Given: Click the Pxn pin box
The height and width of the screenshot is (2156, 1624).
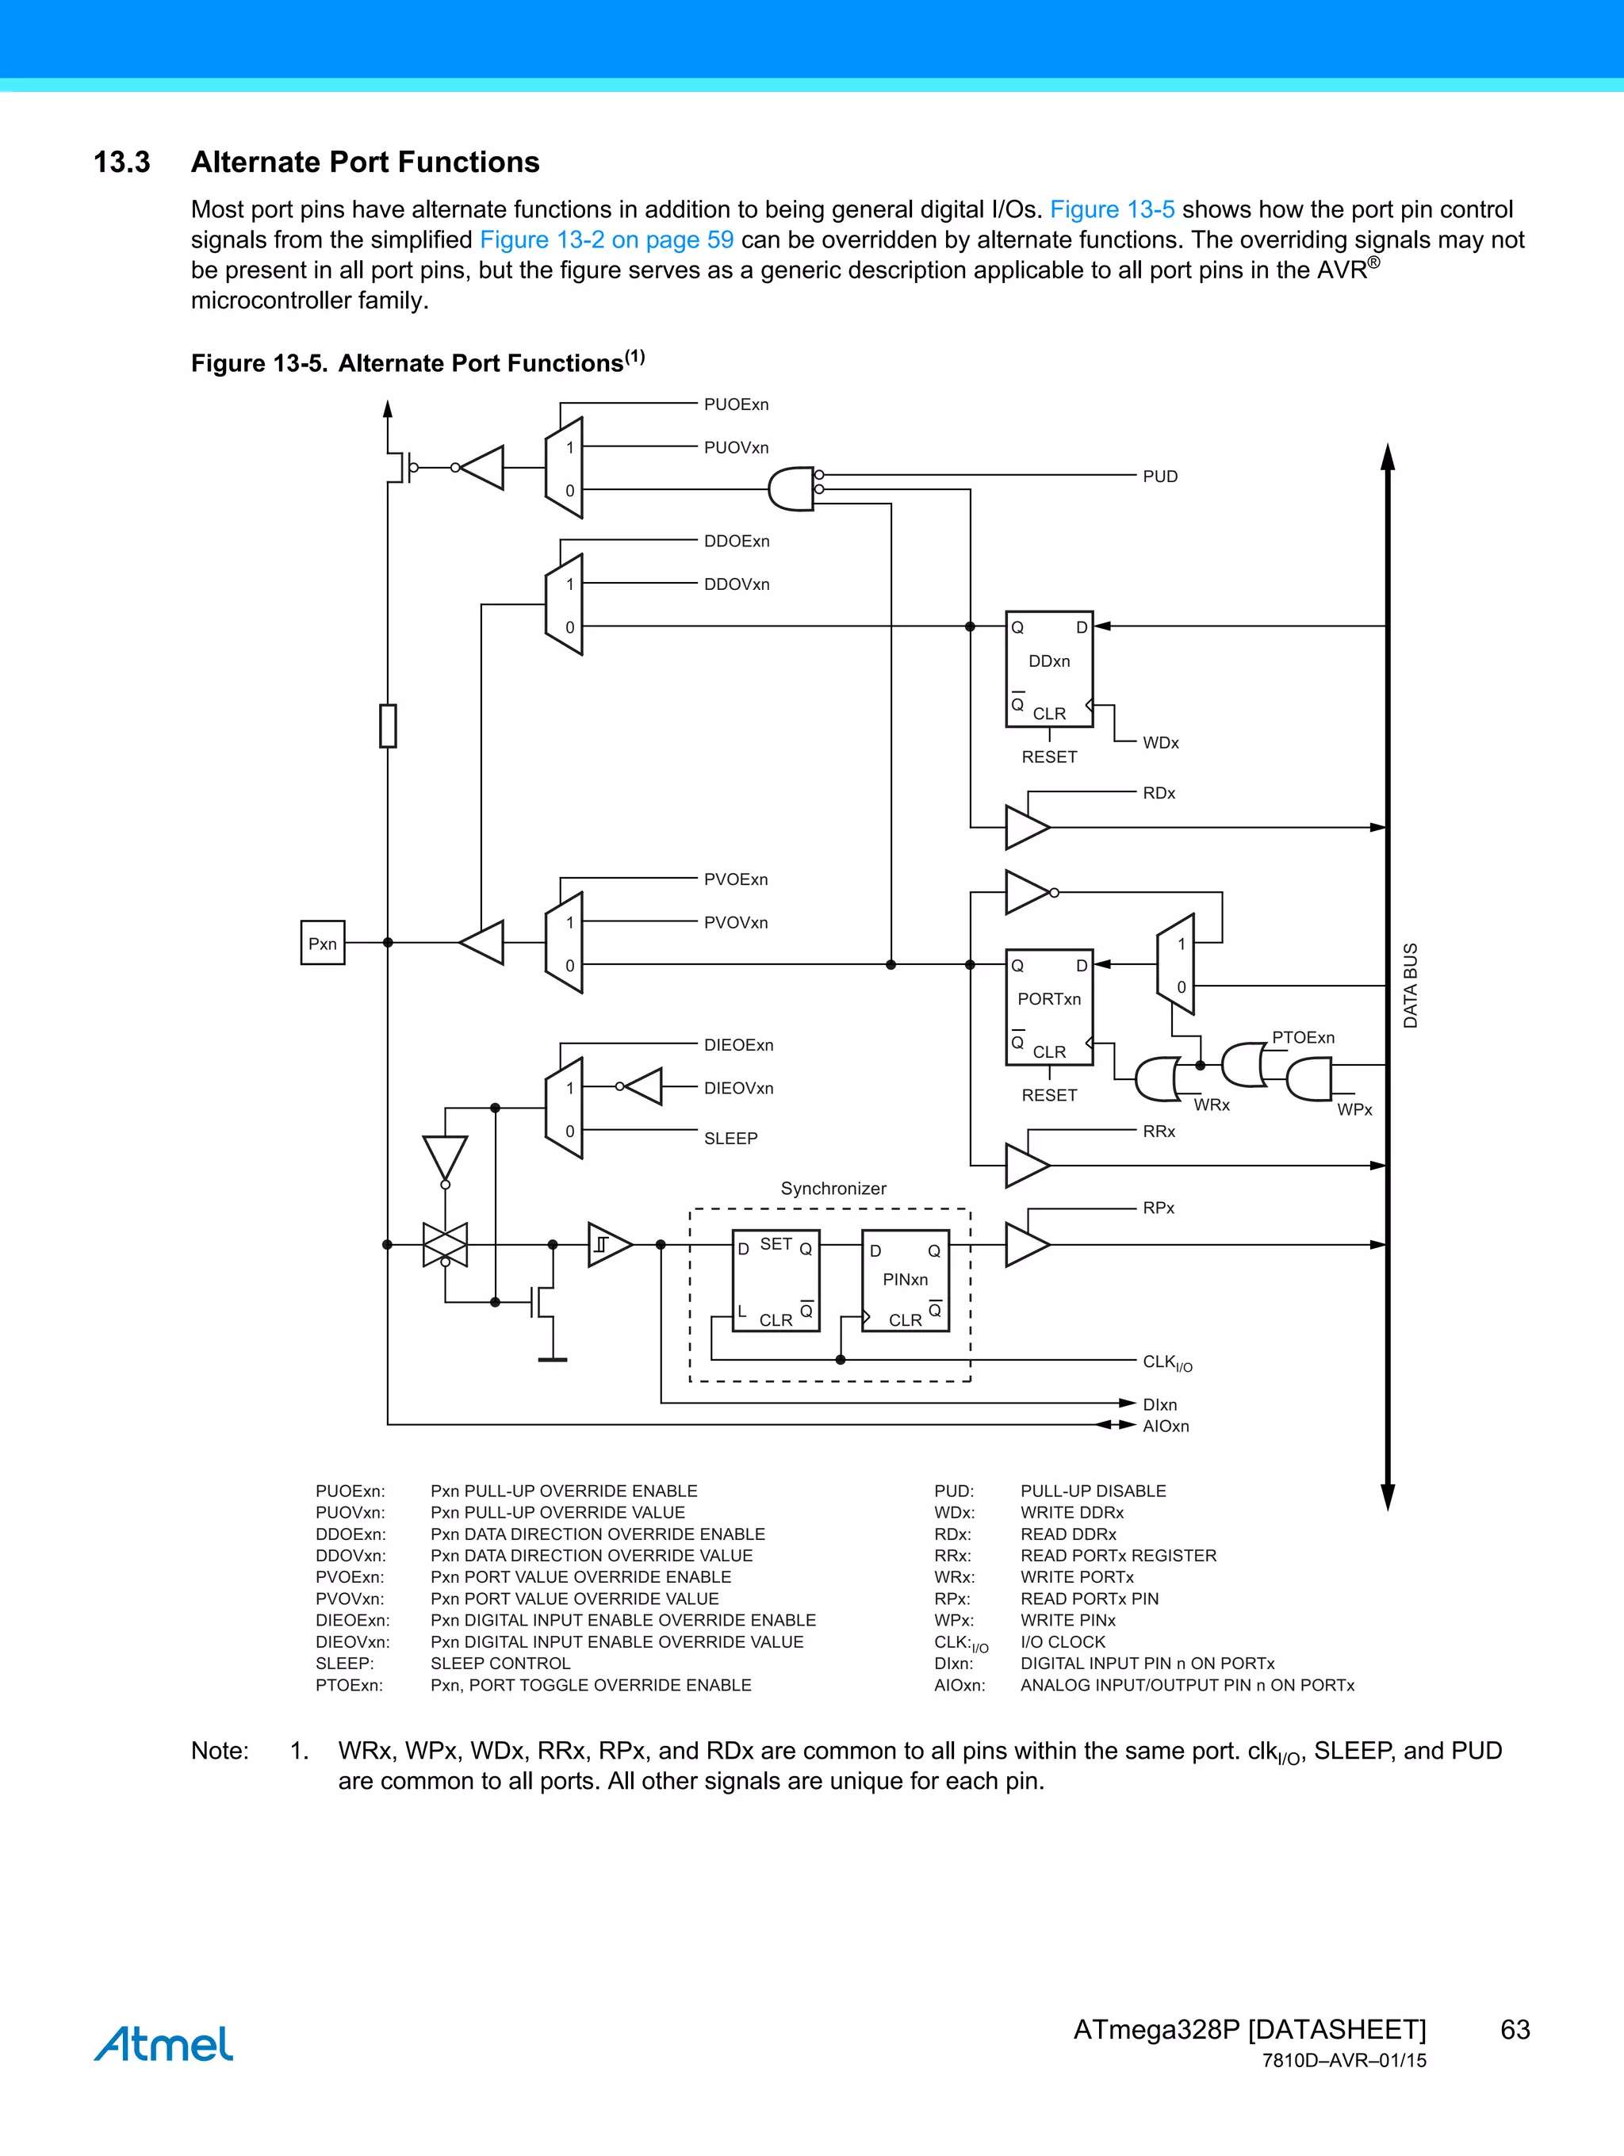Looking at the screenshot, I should [323, 943].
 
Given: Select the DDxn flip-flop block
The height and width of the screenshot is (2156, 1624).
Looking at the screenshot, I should [1049, 668].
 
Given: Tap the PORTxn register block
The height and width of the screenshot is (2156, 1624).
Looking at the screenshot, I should [1049, 1007].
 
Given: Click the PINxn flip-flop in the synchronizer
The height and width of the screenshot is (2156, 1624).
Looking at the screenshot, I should [906, 1281].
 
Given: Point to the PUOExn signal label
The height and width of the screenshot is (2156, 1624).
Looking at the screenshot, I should [736, 404].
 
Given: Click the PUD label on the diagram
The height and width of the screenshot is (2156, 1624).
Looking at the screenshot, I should [1160, 477].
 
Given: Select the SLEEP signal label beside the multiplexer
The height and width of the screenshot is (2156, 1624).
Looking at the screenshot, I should [730, 1139].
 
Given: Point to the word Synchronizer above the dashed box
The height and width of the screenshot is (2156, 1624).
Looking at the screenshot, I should [833, 1188].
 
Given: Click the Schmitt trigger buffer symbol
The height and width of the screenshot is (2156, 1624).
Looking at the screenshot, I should [608, 1245].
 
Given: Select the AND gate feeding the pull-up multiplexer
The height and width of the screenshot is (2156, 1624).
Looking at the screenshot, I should [791, 489].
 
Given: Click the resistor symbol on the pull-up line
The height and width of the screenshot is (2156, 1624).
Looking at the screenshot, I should [388, 726].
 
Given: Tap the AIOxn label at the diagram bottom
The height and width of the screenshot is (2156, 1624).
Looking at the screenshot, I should [1166, 1426].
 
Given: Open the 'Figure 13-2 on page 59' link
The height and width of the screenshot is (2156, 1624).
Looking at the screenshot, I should [607, 239].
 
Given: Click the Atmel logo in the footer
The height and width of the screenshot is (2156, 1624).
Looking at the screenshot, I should [164, 2044].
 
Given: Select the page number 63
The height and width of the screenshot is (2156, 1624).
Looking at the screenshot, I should [1515, 2029].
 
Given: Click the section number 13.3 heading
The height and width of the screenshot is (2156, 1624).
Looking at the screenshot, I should [122, 162].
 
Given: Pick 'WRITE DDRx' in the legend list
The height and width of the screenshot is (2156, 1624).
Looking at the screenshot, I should [1071, 1513].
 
